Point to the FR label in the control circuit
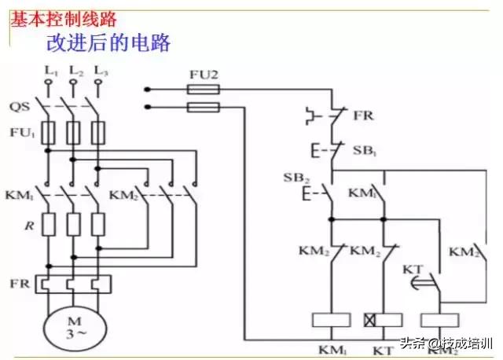tap(364, 116)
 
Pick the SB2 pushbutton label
tap(294, 177)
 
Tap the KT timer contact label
tap(413, 270)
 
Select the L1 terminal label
tap(50, 72)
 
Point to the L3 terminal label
tap(100, 72)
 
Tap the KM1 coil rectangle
tap(331, 320)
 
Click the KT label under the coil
tap(384, 347)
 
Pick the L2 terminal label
tap(75, 72)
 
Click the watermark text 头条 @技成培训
tap(447, 343)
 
